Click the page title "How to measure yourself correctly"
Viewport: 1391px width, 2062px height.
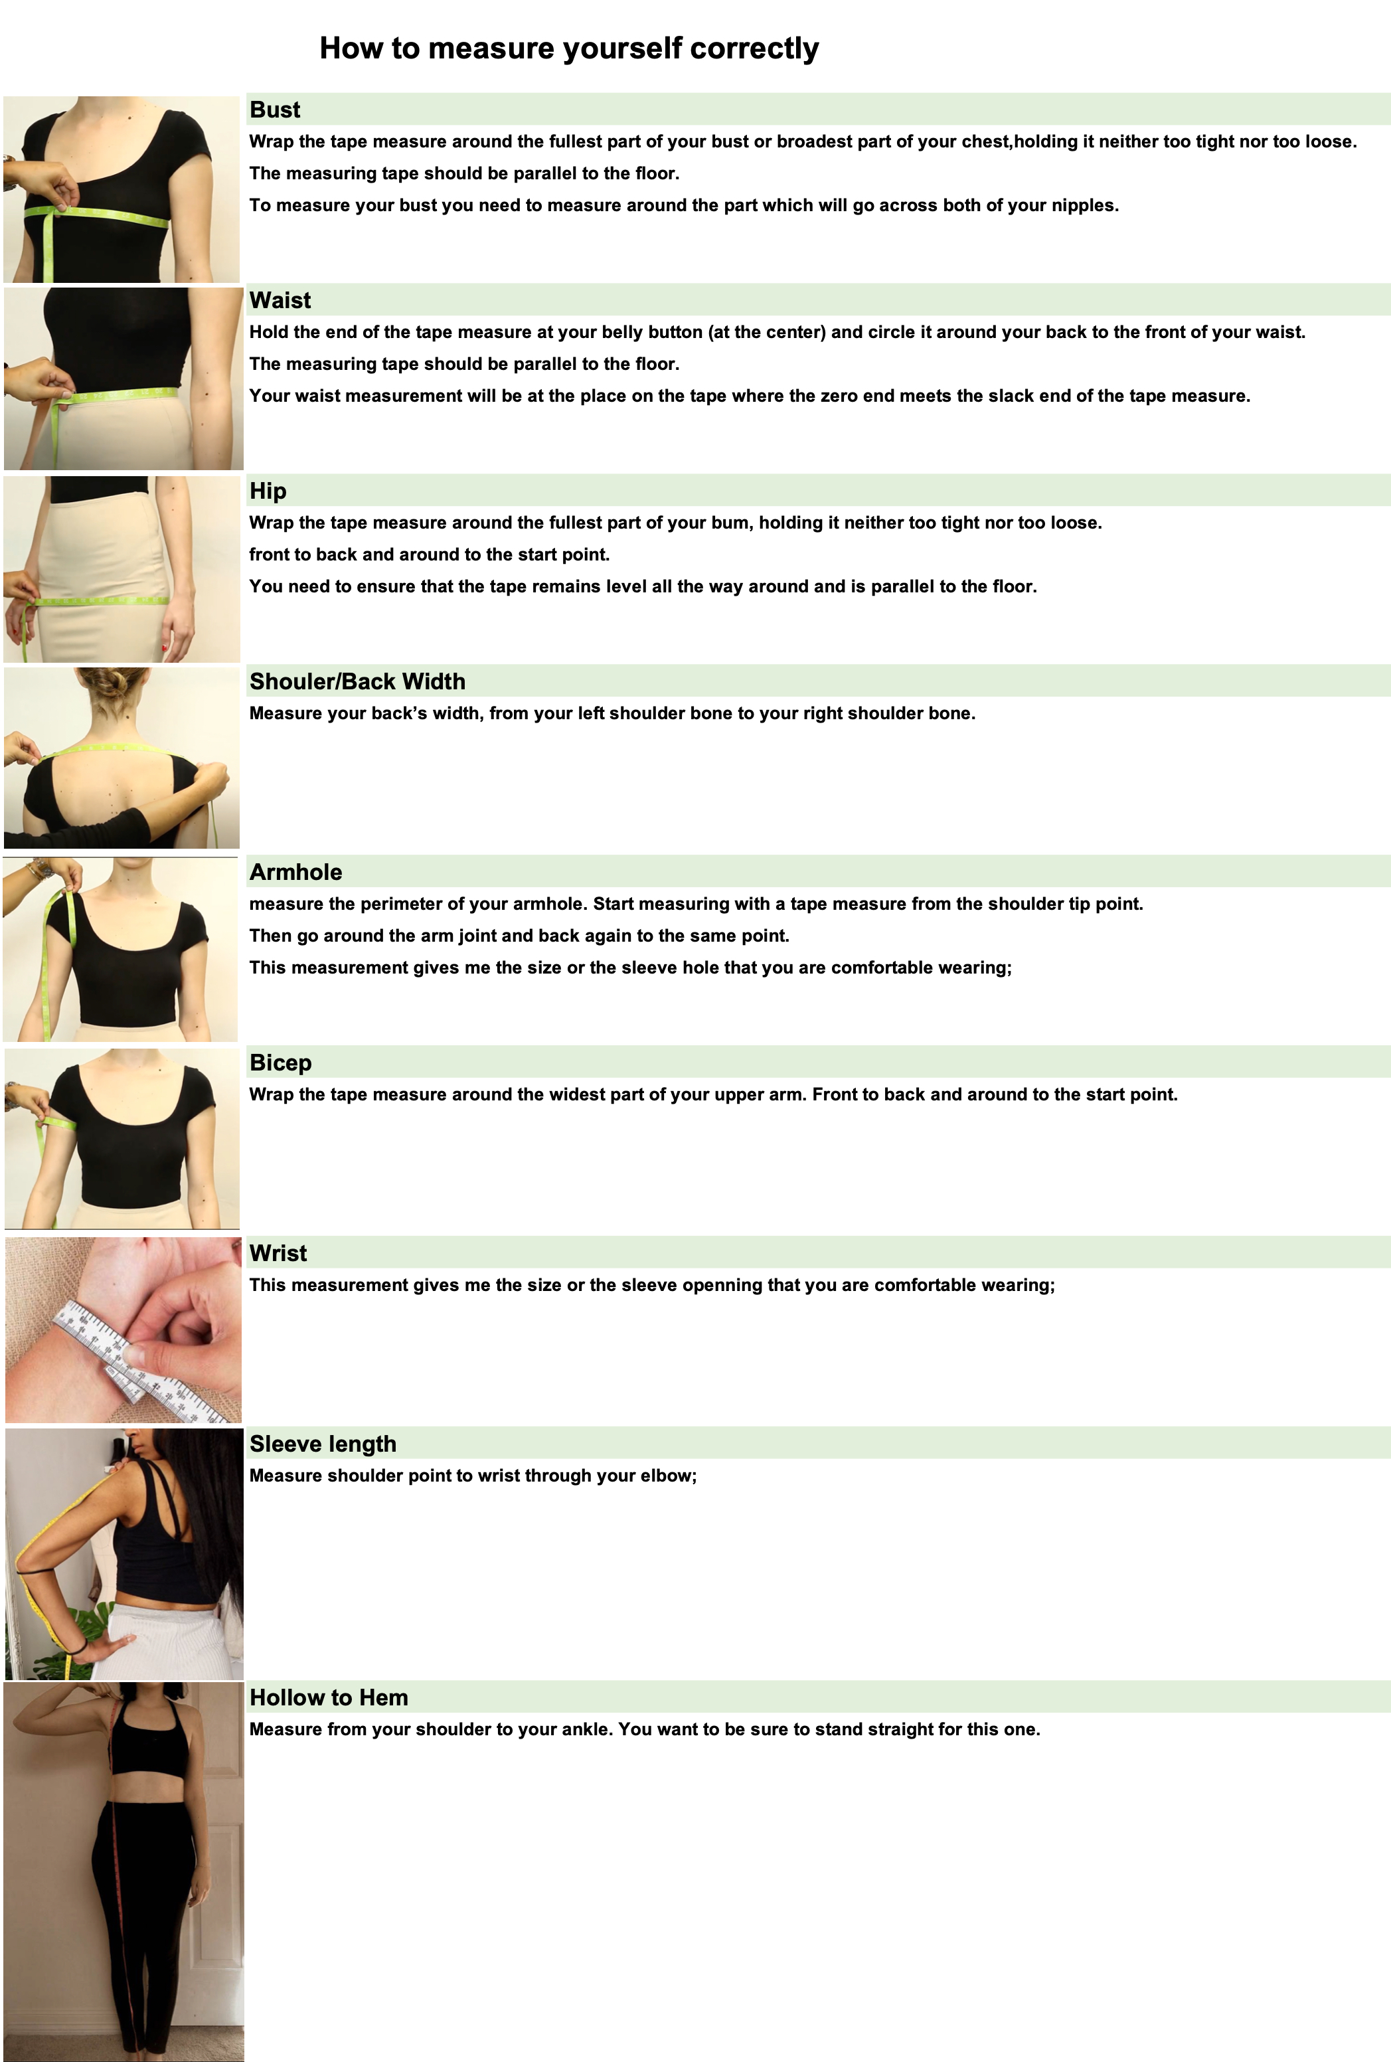tap(568, 48)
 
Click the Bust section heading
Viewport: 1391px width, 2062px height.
tap(275, 110)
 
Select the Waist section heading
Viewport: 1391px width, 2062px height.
tap(280, 301)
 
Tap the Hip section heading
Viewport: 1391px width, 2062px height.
tap(268, 491)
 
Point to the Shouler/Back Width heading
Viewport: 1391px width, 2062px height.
tap(357, 681)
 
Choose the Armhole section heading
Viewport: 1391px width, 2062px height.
tap(295, 872)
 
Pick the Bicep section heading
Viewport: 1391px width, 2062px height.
tap(280, 1063)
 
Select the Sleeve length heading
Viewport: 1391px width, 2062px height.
tap(323, 1444)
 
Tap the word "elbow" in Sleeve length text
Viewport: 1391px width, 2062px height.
tap(668, 1476)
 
